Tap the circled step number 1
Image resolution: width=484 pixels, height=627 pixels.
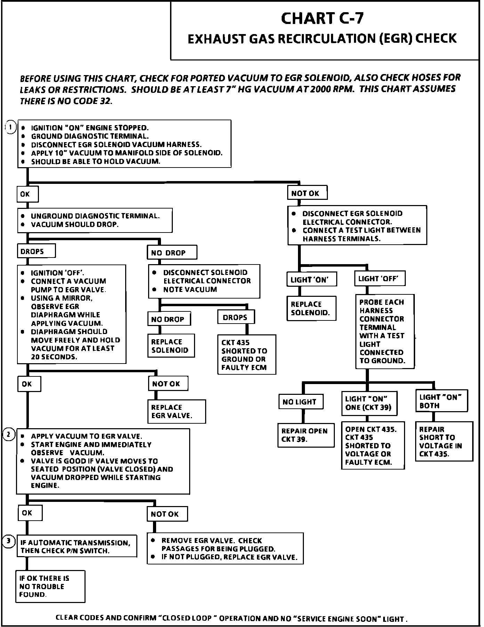(x=11, y=128)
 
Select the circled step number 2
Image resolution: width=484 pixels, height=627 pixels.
(x=9, y=434)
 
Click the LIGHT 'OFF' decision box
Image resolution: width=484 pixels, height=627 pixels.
(x=379, y=279)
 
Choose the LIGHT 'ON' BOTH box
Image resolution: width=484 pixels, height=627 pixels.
(x=441, y=401)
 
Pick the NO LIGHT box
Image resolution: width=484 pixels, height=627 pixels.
(x=300, y=402)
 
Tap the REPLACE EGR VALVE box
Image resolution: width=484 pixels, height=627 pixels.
(x=176, y=412)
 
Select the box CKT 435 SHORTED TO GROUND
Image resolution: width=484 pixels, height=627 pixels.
(x=247, y=355)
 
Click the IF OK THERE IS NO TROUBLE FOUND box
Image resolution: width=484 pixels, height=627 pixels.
(x=50, y=586)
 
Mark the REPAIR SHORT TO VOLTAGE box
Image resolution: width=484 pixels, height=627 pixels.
(x=444, y=441)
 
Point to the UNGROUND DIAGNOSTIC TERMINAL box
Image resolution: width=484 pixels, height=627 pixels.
(x=95, y=220)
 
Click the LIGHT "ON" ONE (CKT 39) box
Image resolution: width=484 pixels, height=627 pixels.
(x=369, y=403)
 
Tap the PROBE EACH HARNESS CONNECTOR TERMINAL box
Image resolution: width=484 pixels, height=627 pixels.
(x=385, y=331)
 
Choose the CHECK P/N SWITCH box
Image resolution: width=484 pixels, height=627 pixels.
(x=76, y=546)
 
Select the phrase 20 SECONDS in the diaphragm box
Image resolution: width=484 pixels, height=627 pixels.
(x=54, y=357)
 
